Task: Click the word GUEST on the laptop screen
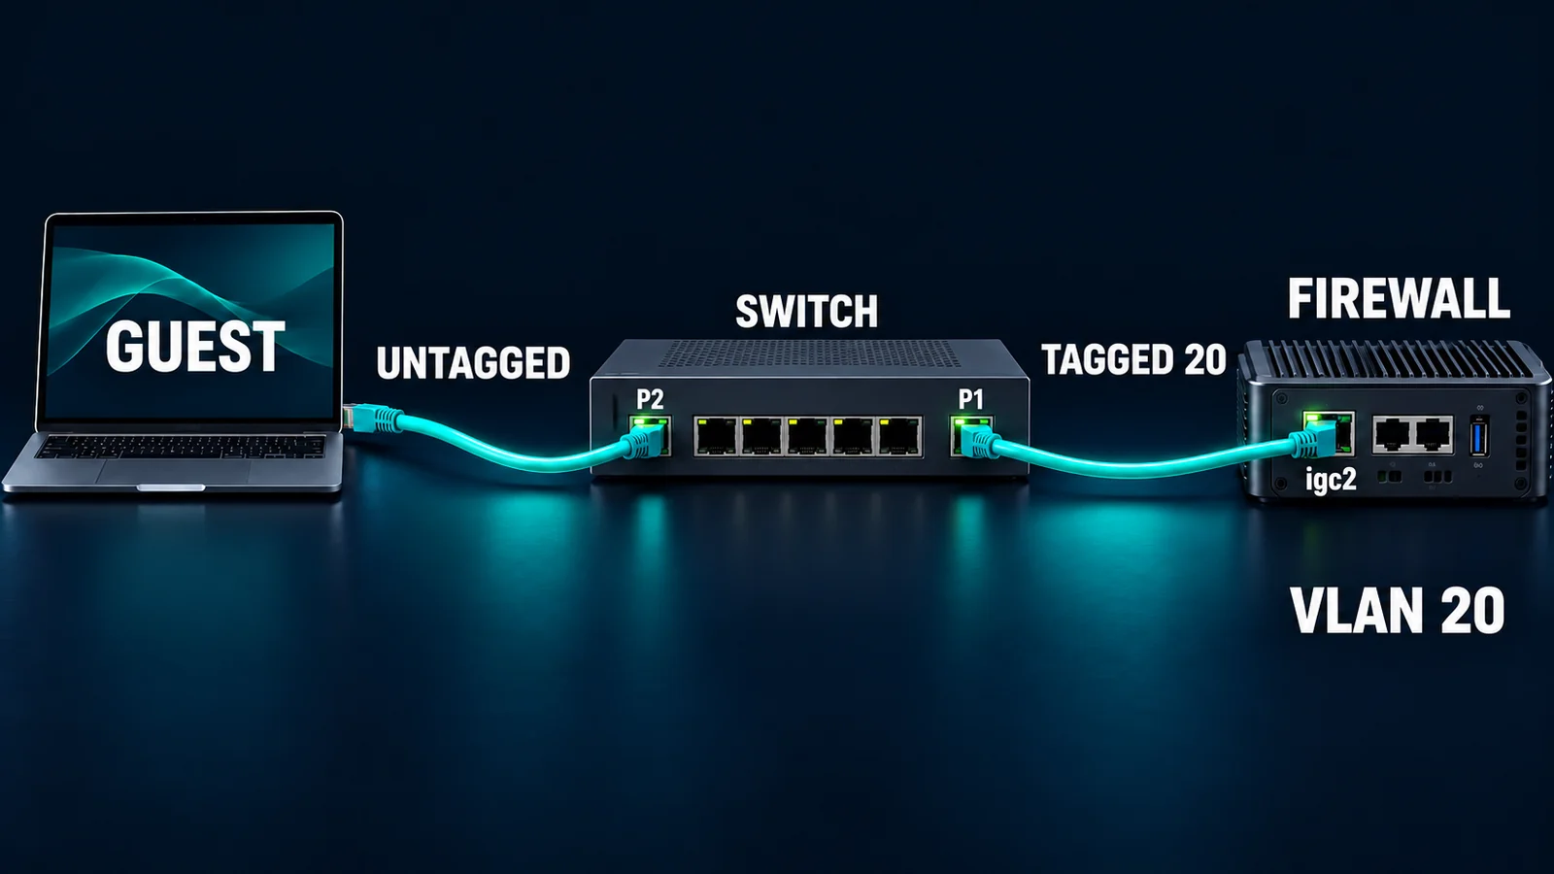pos(195,346)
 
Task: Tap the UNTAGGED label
pos(473,363)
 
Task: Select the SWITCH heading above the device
pos(807,312)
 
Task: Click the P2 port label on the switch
pos(650,399)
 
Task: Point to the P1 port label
pos(971,399)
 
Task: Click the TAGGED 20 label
pos(1134,359)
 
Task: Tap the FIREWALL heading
pos(1399,298)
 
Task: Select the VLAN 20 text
pos(1398,610)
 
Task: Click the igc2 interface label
pos(1331,480)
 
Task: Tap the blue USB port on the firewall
pos(1478,436)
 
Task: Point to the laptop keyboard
pos(179,446)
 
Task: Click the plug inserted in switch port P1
pos(978,442)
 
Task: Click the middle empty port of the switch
pos(807,436)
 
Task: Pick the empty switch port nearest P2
pos(716,436)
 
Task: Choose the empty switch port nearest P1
pos(899,436)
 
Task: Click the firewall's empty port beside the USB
pos(1434,434)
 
